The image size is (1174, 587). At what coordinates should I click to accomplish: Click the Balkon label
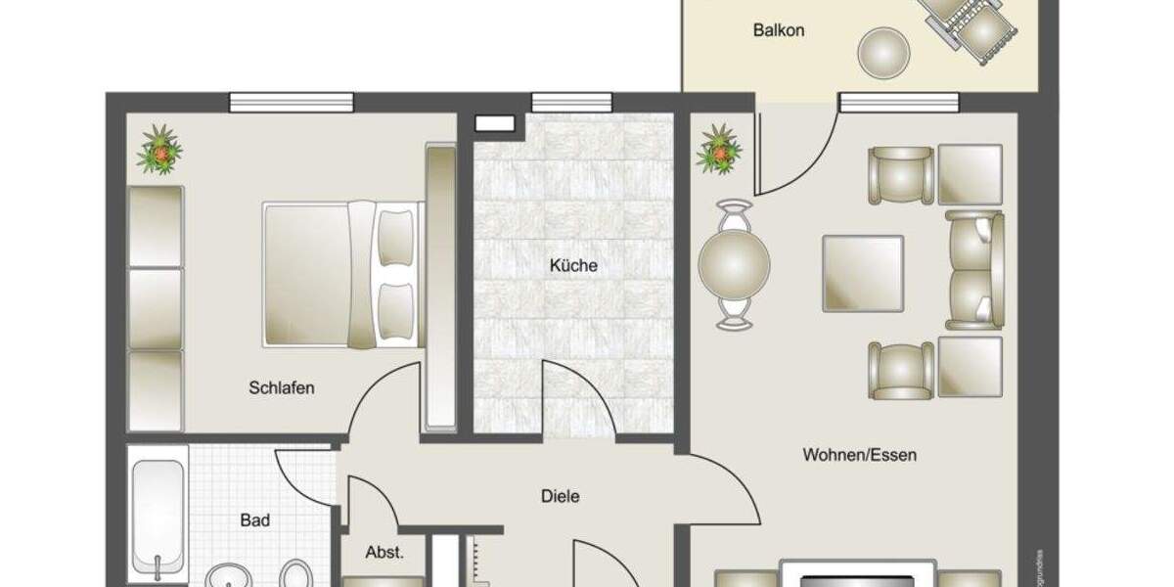pos(779,30)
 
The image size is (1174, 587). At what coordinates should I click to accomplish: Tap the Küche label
pos(573,265)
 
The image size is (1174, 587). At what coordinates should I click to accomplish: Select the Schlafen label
pos(282,388)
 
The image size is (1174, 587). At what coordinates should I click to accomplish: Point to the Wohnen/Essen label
pos(859,455)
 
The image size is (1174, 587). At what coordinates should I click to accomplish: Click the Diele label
pos(561,496)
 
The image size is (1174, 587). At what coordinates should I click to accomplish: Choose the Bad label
pos(255,520)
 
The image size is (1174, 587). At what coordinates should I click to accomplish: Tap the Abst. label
pos(384,553)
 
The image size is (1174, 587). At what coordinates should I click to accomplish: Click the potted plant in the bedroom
pos(159,150)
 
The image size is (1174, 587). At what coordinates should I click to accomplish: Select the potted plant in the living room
pos(719,150)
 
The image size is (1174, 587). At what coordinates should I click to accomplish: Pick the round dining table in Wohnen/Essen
pos(734,264)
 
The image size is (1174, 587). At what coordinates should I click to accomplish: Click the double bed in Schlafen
pos(342,274)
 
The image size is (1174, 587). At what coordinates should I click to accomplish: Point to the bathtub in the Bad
pos(158,514)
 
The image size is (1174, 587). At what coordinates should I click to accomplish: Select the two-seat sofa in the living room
pos(975,269)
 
